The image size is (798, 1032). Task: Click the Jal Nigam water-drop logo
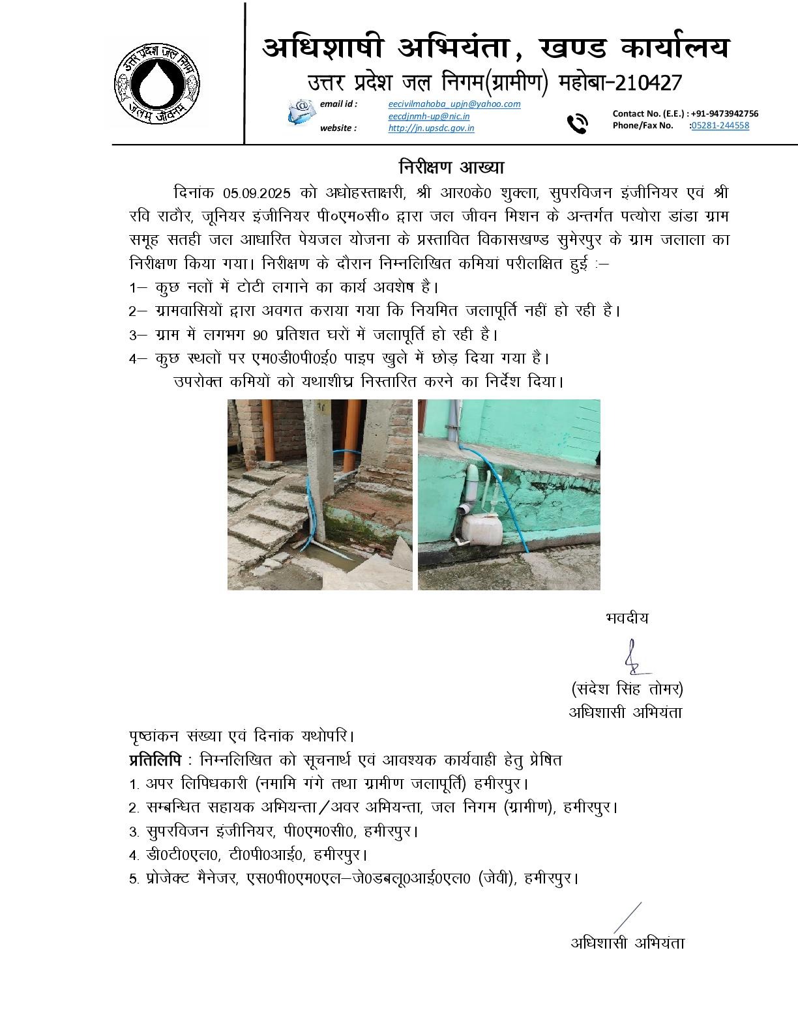click(x=157, y=82)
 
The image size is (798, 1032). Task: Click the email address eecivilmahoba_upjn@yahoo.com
click(x=454, y=104)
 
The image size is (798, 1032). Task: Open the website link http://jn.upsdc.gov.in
click(x=431, y=128)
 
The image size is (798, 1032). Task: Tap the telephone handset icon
click(x=577, y=122)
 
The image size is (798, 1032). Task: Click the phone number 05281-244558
click(x=720, y=125)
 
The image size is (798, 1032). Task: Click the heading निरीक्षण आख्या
click(x=452, y=167)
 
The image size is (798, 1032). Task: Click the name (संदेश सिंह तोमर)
click(x=627, y=689)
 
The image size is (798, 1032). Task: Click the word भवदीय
click(x=627, y=618)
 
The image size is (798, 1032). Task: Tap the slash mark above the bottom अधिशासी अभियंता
click(x=627, y=917)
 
